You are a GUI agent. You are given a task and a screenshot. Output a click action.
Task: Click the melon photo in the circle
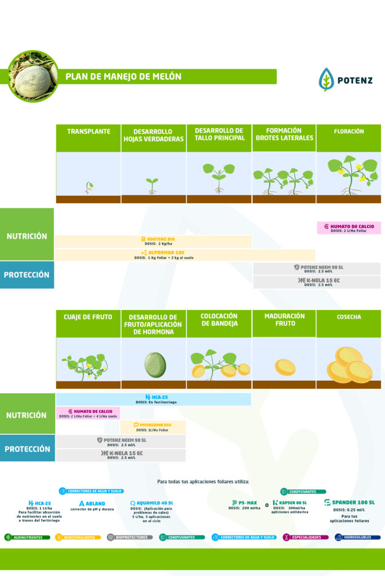point(33,76)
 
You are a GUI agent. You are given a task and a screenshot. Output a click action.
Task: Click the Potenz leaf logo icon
point(326,79)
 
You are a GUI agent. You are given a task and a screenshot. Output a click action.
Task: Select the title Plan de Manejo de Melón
point(123,76)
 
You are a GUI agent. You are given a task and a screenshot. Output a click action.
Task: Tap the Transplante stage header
point(88,132)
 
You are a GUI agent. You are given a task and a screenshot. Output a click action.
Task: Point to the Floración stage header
point(348,132)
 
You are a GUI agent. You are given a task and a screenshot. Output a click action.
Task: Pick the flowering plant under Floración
point(352,175)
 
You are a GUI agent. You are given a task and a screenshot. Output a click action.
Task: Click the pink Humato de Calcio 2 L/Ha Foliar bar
point(348,228)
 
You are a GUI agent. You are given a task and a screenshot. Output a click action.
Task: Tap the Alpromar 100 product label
point(163,253)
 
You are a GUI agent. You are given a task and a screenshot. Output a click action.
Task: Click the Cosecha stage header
point(348,317)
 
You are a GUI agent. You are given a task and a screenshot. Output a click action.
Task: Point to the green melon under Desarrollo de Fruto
point(155,364)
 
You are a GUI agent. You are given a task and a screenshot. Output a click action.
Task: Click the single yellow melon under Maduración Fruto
point(285,367)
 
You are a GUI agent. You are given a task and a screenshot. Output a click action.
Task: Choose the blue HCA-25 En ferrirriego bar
point(153,399)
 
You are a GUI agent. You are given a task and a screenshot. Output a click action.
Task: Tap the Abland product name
point(92,503)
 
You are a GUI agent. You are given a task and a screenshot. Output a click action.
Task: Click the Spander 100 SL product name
point(349,502)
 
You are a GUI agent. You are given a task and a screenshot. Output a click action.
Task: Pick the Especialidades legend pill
point(306,537)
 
